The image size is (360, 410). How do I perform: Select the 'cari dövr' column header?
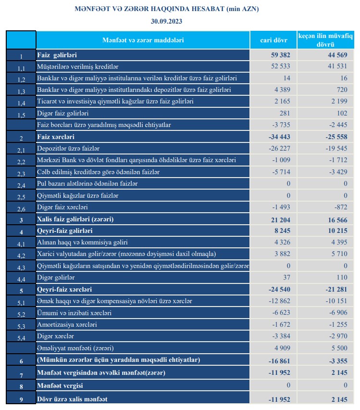(x=273, y=40)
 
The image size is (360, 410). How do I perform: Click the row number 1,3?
(x=21, y=91)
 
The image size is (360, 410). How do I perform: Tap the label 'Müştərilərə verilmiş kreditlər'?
(x=77, y=66)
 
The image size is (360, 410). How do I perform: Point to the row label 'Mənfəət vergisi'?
(x=60, y=385)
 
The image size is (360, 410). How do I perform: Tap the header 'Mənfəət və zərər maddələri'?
(x=143, y=40)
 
